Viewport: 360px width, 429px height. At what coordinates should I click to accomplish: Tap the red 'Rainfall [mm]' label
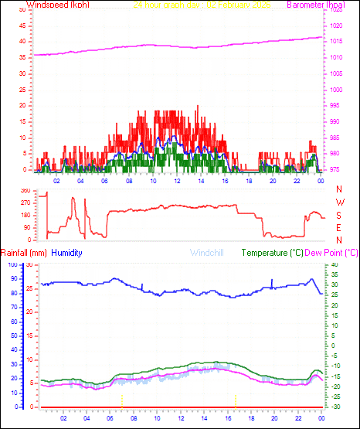click(24, 253)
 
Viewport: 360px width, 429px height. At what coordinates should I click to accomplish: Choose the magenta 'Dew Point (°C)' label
click(331, 253)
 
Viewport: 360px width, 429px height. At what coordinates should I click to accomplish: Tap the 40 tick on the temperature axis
click(334, 264)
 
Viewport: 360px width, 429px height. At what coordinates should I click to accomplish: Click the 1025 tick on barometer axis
click(338, 10)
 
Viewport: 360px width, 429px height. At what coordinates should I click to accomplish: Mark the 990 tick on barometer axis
click(338, 121)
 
